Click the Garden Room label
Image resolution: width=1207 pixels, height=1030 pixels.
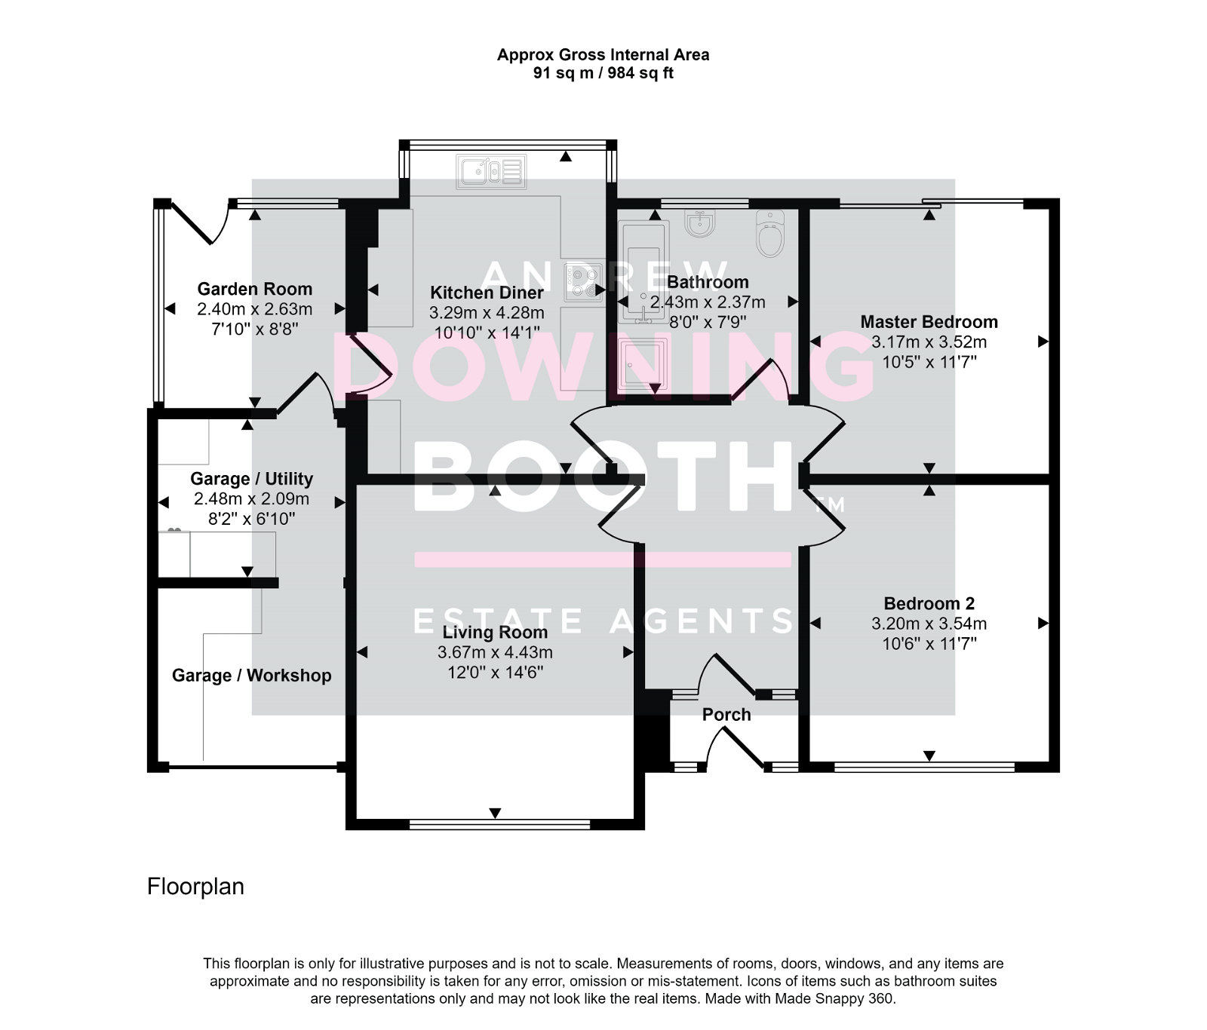pos(254,289)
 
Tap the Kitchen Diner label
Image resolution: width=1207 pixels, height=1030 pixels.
pos(487,293)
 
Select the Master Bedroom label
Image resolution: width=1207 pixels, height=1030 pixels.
pos(929,322)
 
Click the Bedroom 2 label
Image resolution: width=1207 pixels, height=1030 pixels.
pos(929,603)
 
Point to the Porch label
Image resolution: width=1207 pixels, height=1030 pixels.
pos(726,714)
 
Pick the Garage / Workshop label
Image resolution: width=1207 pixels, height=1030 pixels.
pos(251,675)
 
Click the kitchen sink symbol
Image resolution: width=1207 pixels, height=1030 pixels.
pos(491,172)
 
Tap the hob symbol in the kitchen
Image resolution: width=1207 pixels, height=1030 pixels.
pos(585,282)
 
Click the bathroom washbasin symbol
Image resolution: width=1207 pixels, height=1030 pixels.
pos(702,223)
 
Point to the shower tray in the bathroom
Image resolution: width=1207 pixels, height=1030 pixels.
pos(642,364)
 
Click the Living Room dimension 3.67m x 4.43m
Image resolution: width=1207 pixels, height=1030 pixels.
pos(495,652)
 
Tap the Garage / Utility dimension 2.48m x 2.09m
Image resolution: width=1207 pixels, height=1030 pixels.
pos(251,498)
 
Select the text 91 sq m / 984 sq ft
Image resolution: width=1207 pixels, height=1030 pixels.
pos(603,73)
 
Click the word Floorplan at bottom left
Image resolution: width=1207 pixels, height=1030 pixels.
pos(195,886)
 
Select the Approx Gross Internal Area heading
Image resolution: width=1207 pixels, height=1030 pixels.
pos(603,54)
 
